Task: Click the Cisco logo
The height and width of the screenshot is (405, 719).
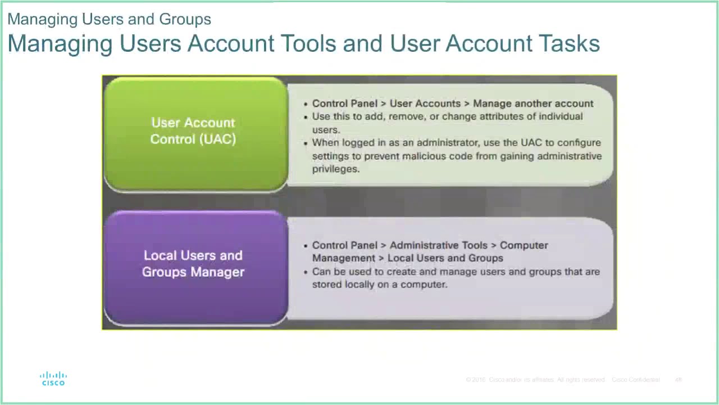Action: [x=53, y=379]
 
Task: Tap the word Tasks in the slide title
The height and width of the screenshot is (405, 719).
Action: [x=569, y=43]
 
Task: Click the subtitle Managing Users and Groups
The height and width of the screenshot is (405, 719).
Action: [x=110, y=19]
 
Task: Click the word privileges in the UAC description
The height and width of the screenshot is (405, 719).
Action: [x=336, y=169]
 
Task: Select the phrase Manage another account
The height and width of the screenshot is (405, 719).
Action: [x=533, y=103]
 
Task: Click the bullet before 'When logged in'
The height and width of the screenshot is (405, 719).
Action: [x=306, y=143]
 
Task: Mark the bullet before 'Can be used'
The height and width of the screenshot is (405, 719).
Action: [x=306, y=272]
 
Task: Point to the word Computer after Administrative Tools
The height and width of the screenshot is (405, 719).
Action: [x=524, y=245]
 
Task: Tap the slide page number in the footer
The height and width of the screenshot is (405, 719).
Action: [x=679, y=380]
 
